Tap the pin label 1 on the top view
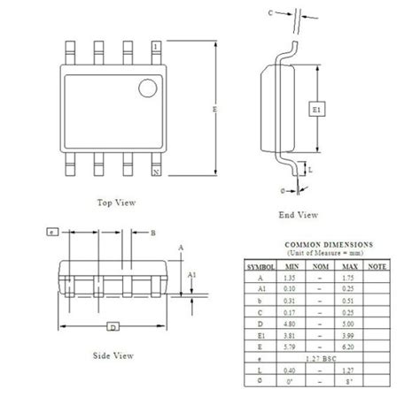coord(157,45)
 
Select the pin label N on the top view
coord(157,172)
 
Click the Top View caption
coord(115,202)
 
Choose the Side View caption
coord(114,355)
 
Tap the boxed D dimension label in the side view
coord(113,328)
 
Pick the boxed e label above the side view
coord(53,233)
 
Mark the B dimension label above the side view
coord(152,233)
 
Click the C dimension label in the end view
coord(271,13)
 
